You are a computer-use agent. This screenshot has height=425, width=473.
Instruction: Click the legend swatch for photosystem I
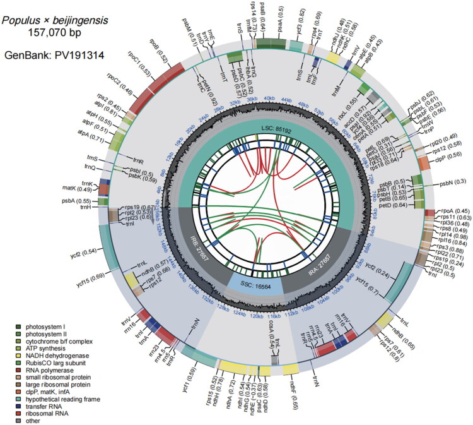pyautogui.click(x=20, y=326)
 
